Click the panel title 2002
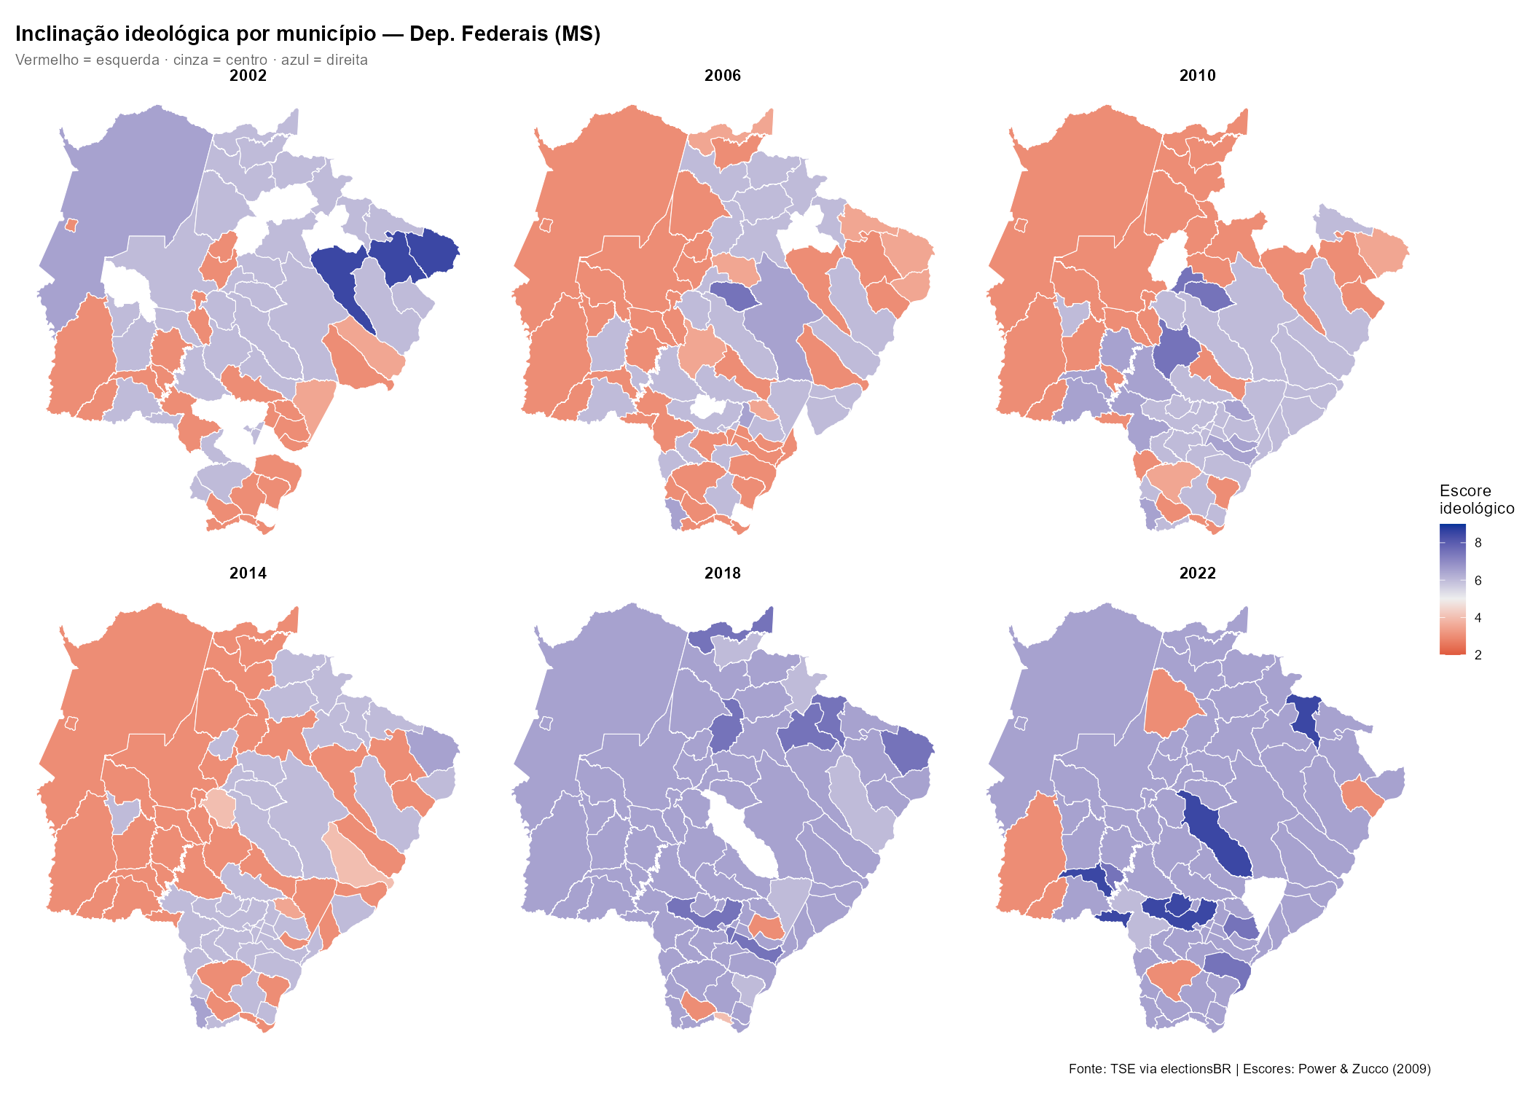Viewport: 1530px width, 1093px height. coord(248,75)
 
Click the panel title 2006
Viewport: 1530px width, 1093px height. coord(722,75)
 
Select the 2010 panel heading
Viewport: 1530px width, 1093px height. coord(1197,75)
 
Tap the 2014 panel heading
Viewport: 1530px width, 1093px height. coord(248,573)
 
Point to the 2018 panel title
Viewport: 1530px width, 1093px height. coord(722,573)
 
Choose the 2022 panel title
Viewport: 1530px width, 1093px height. coord(1197,573)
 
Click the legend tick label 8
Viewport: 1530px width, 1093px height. coord(1478,543)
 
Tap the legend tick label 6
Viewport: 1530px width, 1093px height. coord(1478,581)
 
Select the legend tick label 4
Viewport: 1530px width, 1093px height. coord(1478,618)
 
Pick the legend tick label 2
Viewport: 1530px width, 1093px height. coord(1478,655)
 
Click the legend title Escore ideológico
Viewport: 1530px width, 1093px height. coord(1475,499)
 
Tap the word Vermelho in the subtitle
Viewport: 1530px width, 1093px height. coord(47,60)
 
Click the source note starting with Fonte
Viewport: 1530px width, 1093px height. coord(1249,1069)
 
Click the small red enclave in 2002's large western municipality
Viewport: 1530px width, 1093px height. coord(71,225)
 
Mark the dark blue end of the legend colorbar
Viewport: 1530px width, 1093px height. coord(1452,530)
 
